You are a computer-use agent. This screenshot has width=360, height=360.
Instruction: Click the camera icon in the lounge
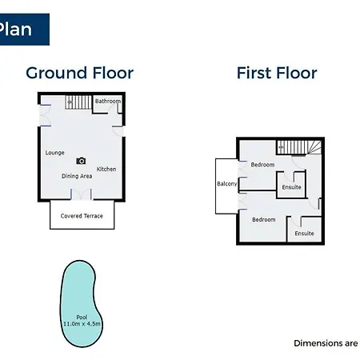coord(81,161)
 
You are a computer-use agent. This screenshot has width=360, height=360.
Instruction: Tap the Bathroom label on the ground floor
coord(108,101)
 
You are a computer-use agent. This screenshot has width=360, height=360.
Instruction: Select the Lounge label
coord(54,153)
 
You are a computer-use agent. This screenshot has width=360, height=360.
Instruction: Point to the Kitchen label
coord(106,169)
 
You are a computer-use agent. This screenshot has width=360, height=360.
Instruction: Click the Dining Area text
coord(77,176)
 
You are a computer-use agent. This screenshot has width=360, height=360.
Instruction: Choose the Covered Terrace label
coord(82,216)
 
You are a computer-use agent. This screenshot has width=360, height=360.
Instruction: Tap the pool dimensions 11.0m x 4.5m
coord(82,324)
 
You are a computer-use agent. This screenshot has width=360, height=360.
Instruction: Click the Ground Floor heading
coord(79,73)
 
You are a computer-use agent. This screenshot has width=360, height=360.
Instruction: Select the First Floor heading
coord(277,73)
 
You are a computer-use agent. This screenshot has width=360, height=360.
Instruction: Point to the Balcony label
coord(227,184)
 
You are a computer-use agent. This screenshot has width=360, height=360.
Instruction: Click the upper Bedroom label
coord(262,165)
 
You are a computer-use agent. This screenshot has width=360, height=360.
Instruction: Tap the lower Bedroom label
coord(264,219)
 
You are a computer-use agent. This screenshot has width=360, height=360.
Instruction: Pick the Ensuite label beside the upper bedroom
coord(291,187)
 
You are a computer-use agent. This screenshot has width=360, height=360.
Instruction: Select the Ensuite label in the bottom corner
coord(304,234)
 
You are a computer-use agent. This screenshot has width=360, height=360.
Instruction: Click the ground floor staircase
coord(78,102)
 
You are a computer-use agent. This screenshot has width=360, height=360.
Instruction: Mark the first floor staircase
coord(299,147)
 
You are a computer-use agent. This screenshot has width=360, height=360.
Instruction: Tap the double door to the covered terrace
coord(82,194)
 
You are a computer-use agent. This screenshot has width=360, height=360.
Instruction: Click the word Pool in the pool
coord(82,317)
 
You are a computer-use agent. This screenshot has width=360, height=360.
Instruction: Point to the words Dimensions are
coord(326,343)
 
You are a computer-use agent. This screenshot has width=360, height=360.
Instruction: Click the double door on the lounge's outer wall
coord(45,115)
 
